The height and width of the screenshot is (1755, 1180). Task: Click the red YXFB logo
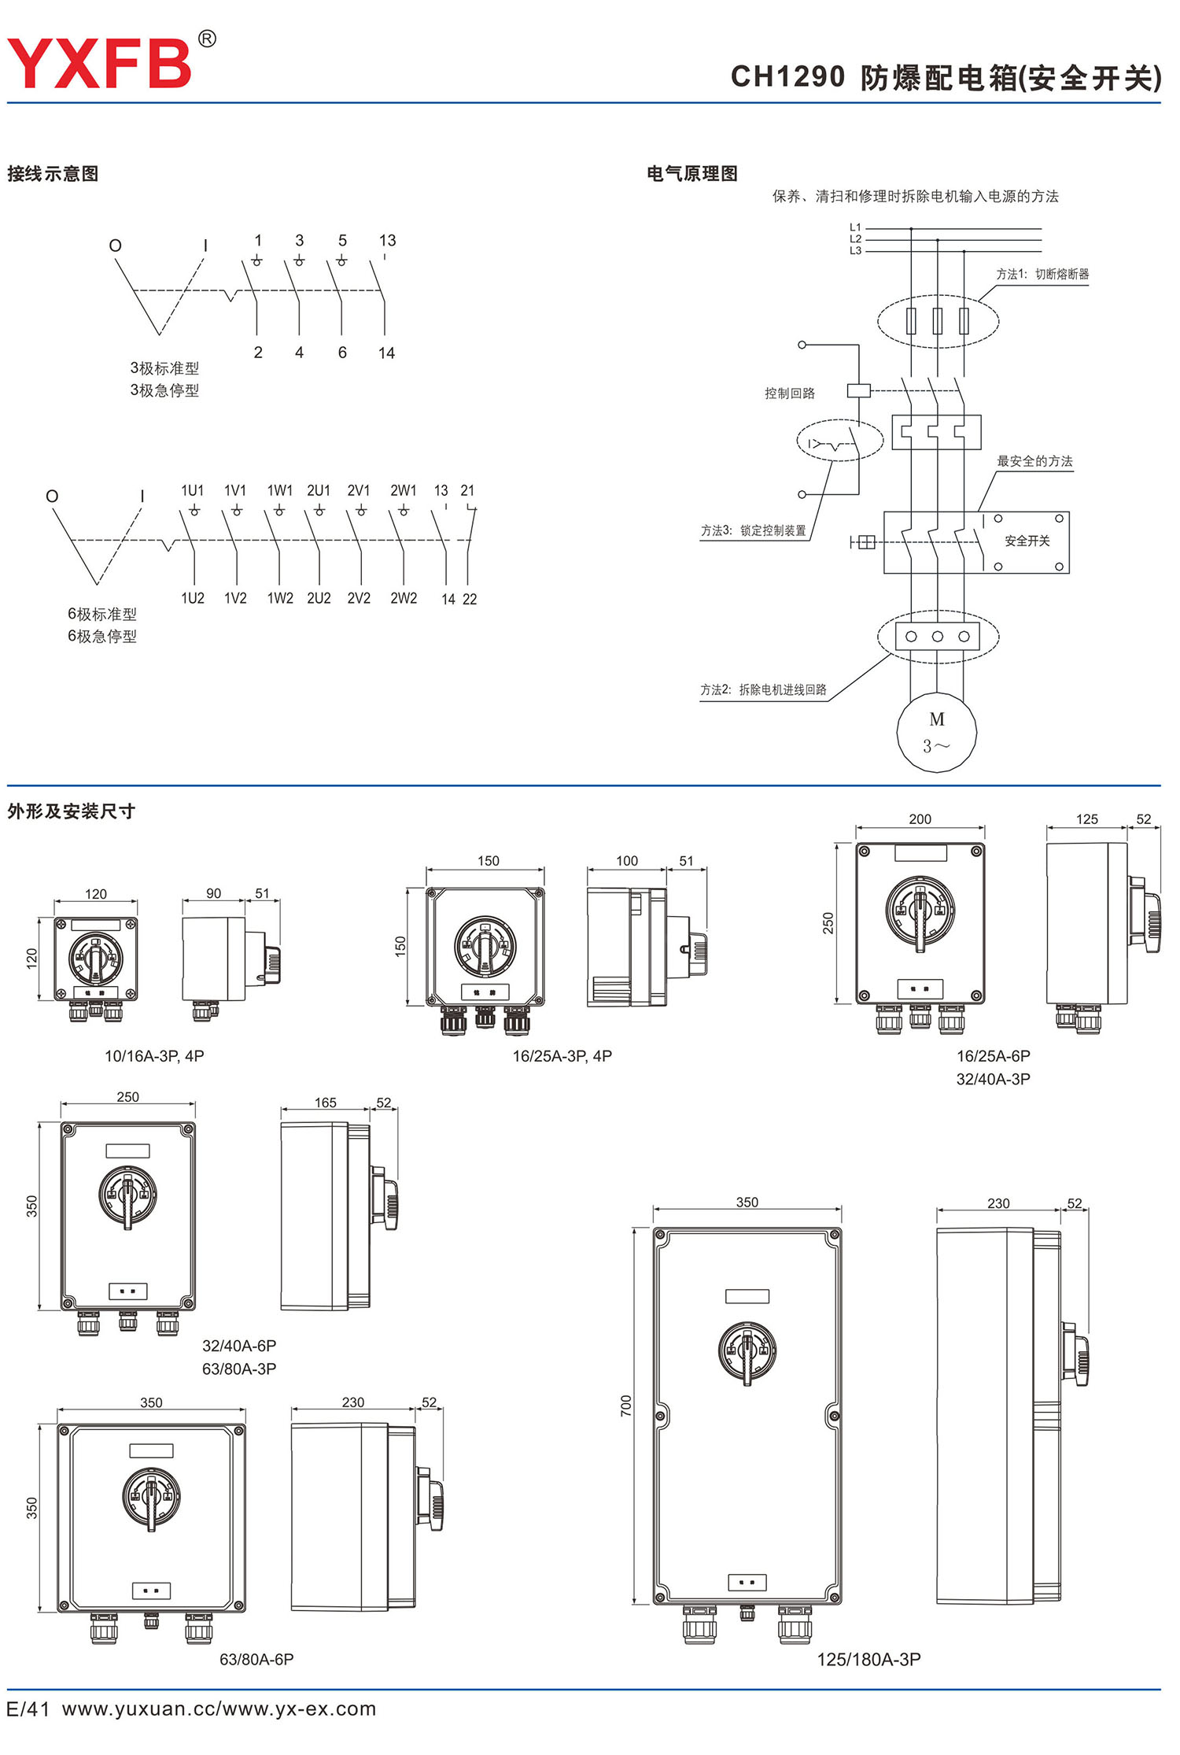click(100, 63)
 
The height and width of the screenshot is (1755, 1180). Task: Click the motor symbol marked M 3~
click(936, 732)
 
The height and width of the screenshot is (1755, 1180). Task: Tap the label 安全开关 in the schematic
click(1027, 541)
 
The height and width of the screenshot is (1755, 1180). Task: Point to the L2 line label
click(855, 239)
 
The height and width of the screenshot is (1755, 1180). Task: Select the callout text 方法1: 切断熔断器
click(1042, 274)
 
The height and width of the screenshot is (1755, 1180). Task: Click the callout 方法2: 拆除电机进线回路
click(763, 689)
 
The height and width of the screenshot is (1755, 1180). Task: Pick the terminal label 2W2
click(404, 598)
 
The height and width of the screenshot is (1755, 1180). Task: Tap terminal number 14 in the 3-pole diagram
click(386, 353)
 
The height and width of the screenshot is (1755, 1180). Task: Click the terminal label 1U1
click(193, 490)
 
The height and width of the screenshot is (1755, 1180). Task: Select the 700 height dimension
click(626, 1406)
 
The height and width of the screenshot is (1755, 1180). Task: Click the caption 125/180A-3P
click(868, 1659)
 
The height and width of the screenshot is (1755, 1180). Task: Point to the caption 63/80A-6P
click(256, 1659)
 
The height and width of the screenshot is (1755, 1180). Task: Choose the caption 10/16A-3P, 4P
click(154, 1056)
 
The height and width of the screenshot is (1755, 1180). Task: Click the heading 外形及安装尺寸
click(72, 811)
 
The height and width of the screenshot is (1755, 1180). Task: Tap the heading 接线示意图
click(53, 174)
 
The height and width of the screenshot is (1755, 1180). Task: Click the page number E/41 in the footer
click(28, 1709)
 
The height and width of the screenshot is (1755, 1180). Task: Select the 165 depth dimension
click(326, 1103)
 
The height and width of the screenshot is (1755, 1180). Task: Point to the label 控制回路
click(790, 393)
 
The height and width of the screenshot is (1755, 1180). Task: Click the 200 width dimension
click(920, 819)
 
